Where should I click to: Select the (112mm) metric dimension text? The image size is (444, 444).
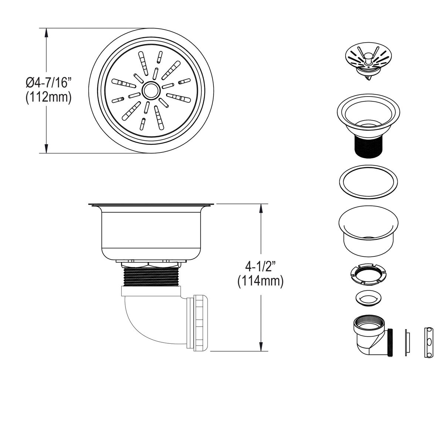coord(48,97)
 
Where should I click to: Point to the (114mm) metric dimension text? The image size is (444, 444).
coord(260,281)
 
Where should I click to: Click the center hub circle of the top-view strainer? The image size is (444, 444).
coord(150,90)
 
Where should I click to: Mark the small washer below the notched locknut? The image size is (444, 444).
coord(369,298)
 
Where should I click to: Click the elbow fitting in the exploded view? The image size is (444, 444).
coord(370,335)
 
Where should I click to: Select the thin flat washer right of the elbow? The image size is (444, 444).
coord(407,342)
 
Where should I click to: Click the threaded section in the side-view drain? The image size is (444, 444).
coord(150,276)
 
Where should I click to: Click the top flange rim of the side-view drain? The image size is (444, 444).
coord(150,204)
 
